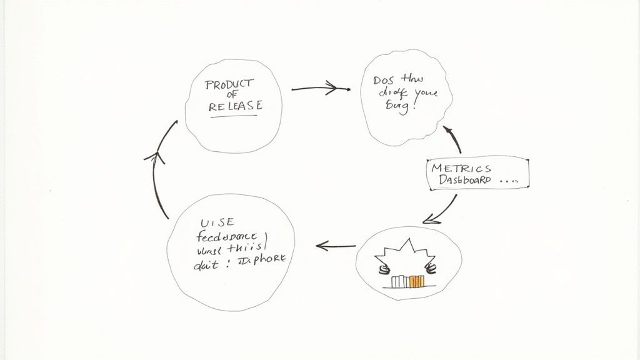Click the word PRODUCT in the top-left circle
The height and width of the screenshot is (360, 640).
[x=229, y=84]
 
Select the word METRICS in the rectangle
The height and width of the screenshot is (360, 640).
[x=462, y=167]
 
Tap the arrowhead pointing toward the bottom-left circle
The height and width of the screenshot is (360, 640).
[x=322, y=246]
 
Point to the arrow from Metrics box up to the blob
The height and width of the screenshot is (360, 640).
[x=453, y=139]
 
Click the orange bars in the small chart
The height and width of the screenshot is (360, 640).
[x=414, y=282]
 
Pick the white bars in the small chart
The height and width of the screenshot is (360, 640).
[x=400, y=283]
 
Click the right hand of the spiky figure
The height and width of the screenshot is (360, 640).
[x=430, y=270]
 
